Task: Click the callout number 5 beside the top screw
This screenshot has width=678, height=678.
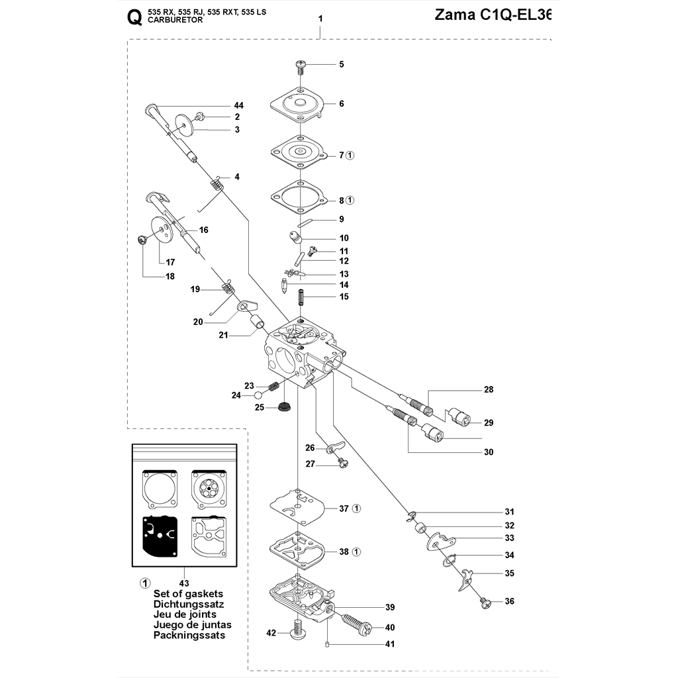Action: [342, 64]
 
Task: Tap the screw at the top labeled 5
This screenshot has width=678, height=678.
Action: [302, 65]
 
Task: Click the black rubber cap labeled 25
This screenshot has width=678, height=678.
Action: [285, 405]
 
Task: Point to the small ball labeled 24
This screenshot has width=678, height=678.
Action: [258, 395]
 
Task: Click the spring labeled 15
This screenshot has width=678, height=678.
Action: [303, 297]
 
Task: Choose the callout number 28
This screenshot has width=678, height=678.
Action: [489, 389]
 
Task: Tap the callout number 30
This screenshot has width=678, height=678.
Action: [489, 453]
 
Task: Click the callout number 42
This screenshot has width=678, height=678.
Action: [271, 633]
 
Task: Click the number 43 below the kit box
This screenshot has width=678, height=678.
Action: [184, 583]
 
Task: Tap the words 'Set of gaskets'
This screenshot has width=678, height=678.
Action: [188, 593]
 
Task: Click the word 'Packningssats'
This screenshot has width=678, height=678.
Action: [189, 635]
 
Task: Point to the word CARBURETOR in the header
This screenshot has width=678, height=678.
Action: [175, 21]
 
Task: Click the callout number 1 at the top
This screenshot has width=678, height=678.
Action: [320, 19]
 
